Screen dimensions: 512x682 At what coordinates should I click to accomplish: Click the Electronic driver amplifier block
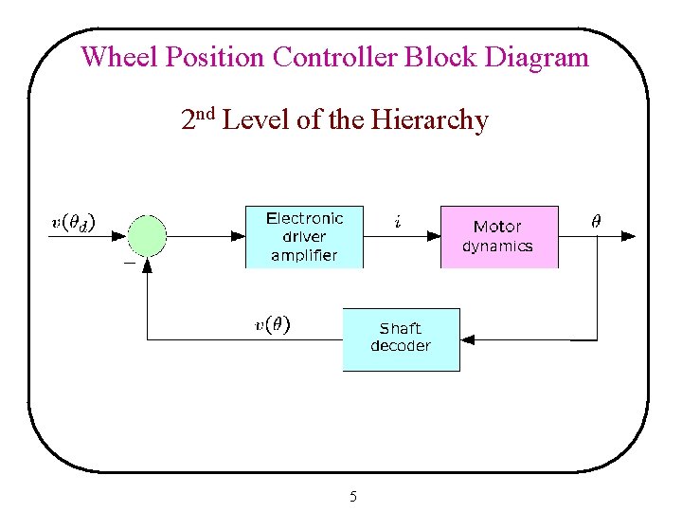click(304, 236)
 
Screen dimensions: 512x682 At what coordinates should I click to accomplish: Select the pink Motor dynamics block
click(498, 236)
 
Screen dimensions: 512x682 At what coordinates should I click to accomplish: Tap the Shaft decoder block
click(400, 338)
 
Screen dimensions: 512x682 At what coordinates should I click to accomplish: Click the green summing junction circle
click(147, 234)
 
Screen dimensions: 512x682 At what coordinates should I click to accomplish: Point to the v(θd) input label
click(72, 224)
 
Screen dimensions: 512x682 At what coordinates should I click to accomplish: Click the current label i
click(397, 222)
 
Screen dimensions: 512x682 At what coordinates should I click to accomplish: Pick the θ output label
click(595, 221)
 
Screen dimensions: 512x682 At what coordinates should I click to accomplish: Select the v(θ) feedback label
click(273, 324)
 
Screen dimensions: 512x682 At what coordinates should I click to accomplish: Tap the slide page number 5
click(352, 496)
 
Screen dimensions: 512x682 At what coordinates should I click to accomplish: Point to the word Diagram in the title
click(536, 57)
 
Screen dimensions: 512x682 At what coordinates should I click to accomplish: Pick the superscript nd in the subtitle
click(207, 115)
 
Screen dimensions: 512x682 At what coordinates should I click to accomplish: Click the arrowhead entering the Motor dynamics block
click(435, 234)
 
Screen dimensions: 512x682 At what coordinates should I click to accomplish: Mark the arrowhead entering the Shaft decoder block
click(466, 338)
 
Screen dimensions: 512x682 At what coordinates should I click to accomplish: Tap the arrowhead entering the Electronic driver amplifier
click(240, 234)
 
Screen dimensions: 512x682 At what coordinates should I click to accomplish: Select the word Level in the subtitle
click(257, 120)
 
